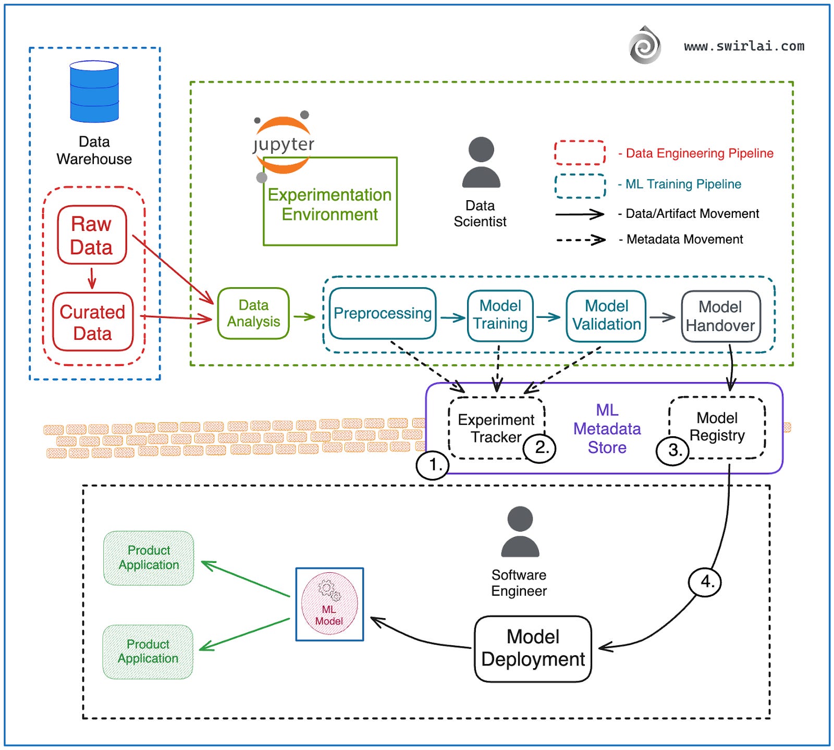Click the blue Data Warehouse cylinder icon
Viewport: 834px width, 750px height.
tap(94, 92)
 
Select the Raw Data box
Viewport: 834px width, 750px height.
tap(92, 235)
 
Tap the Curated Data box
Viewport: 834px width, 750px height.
tap(93, 322)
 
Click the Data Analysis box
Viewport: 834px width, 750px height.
tap(253, 313)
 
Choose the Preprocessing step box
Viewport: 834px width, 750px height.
tap(383, 313)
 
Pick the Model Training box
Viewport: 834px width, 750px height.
tap(500, 315)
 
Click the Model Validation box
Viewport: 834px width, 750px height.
tap(606, 316)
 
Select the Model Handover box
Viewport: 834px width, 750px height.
tap(720, 316)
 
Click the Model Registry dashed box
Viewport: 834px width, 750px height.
tap(717, 426)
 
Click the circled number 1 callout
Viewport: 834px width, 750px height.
tap(433, 464)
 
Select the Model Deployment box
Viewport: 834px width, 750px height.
tap(533, 648)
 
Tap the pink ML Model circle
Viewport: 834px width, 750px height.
tap(329, 604)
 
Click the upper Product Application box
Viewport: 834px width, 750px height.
tap(149, 558)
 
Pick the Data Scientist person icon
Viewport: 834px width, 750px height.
tap(481, 162)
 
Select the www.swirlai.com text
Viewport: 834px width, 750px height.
tap(744, 46)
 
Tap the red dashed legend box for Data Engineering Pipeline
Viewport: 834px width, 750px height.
tap(580, 153)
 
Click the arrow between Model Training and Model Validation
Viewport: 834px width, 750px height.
tap(549, 317)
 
